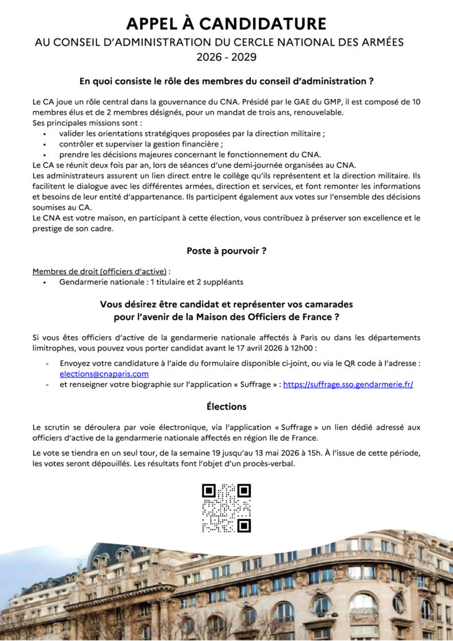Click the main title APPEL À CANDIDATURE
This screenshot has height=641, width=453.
pyautogui.click(x=226, y=24)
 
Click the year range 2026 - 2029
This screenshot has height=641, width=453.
pyautogui.click(x=226, y=57)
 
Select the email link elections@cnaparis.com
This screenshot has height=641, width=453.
pyautogui.click(x=104, y=374)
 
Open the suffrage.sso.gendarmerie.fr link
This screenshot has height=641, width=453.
pyautogui.click(x=348, y=385)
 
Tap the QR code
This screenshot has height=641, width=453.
pyautogui.click(x=226, y=508)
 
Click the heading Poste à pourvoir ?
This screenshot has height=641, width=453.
pyautogui.click(x=226, y=251)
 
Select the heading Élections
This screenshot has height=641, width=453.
pyautogui.click(x=226, y=406)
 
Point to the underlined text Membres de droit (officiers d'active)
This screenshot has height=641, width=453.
pyautogui.click(x=99, y=271)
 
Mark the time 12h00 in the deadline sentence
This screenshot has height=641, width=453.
pyautogui.click(x=303, y=347)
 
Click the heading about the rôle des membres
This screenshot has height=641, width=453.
pyautogui.click(x=226, y=81)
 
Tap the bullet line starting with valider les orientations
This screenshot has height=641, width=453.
pyautogui.click(x=191, y=133)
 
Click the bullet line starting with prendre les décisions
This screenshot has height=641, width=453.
pyautogui.click(x=190, y=155)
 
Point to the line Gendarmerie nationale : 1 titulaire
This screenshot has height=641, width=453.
pyautogui.click(x=151, y=282)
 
